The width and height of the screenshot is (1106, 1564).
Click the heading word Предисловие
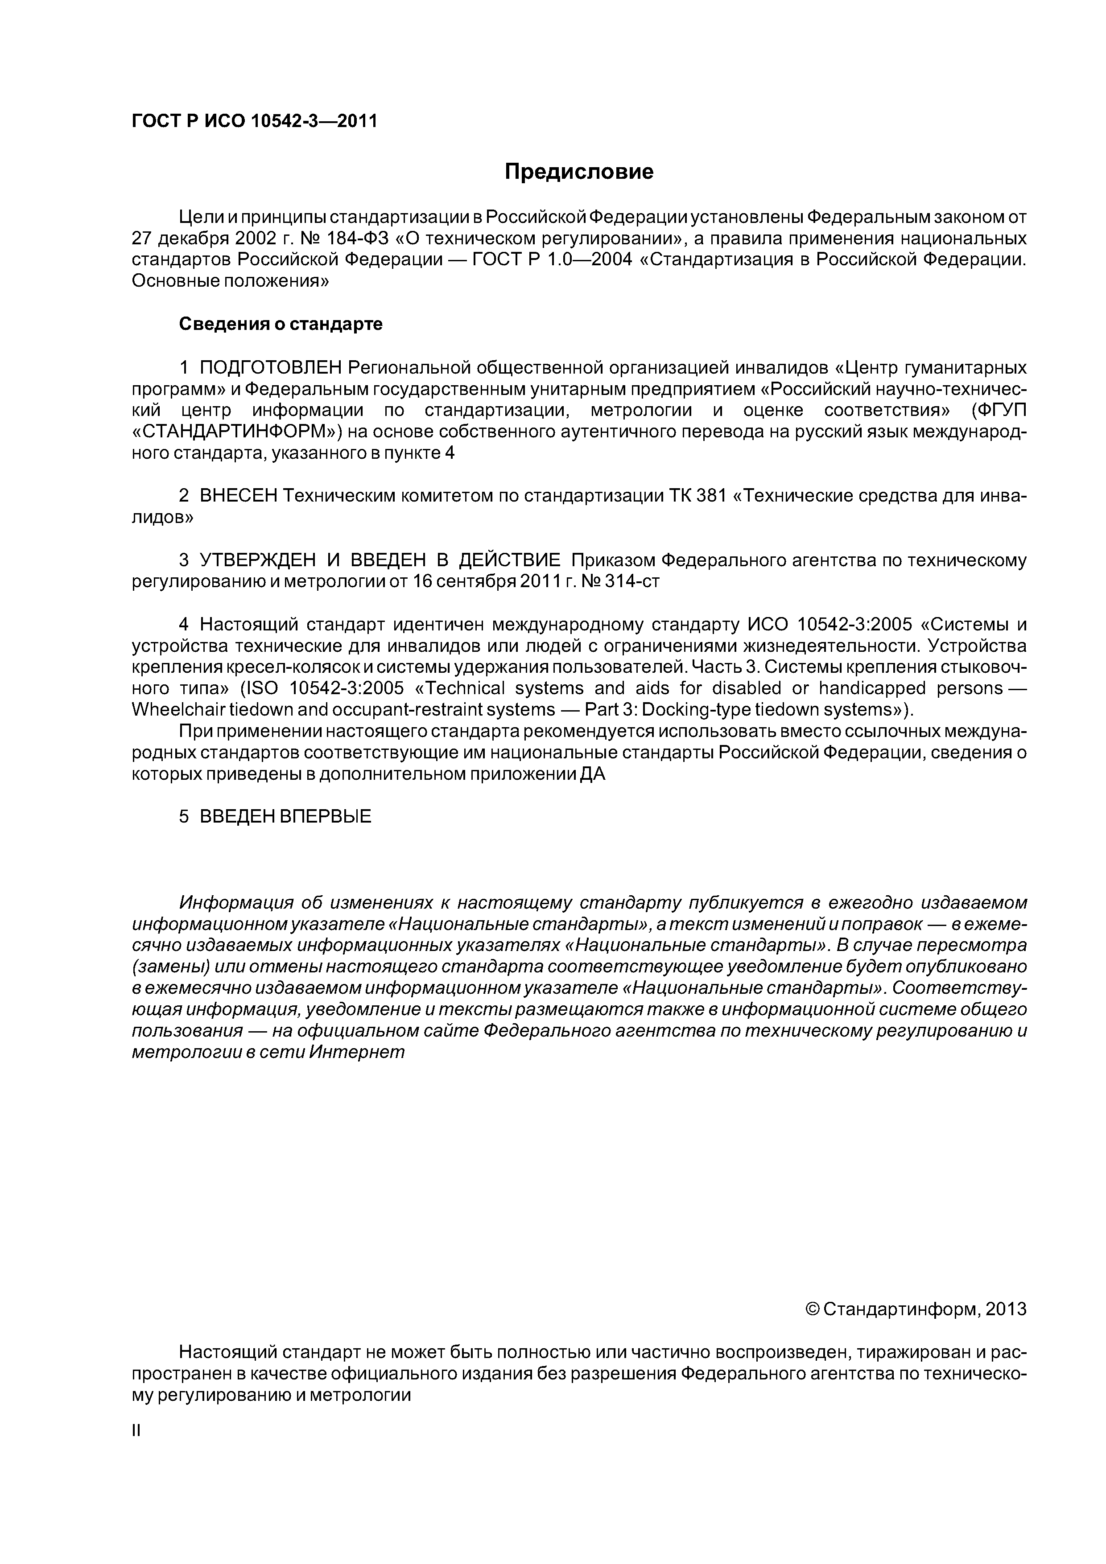pyautogui.click(x=578, y=172)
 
